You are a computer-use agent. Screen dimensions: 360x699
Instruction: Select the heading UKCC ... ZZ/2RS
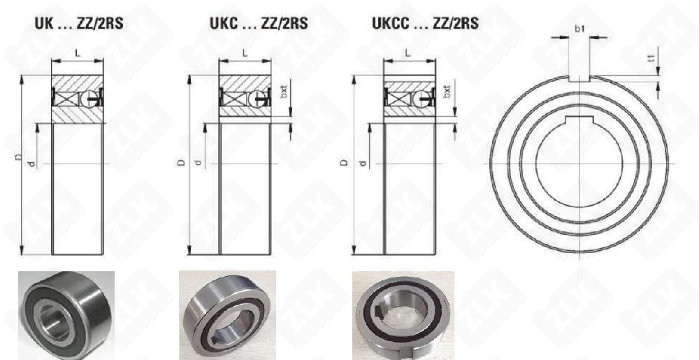pos(426,23)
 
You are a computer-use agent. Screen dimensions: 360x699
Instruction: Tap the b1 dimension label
pos(579,29)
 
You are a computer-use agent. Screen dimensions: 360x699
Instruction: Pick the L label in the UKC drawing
pos(245,52)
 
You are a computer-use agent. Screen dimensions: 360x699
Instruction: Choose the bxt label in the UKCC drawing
pos(448,92)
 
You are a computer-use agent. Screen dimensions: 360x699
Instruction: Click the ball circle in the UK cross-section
pos(88,99)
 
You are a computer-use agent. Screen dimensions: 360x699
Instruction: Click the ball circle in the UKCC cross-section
pos(419,98)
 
